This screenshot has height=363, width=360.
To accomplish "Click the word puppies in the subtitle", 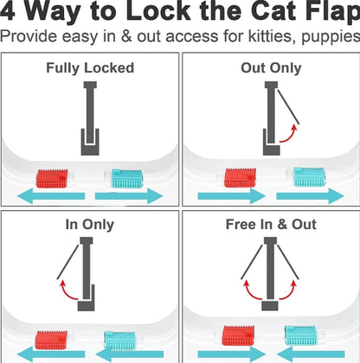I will pos(327,38).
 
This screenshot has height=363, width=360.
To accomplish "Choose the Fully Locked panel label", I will pos(90,67).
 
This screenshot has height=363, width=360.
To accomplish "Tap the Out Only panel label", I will pos(269,67).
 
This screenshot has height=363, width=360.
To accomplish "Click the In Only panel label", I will pos(90,224).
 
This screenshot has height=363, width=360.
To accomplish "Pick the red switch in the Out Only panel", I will pos(240,176).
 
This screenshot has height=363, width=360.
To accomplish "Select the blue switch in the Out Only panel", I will pos(309,176).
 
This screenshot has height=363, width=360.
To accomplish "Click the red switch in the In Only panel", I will pos(51,340).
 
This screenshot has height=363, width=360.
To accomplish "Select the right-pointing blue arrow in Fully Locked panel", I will pos(138,197).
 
